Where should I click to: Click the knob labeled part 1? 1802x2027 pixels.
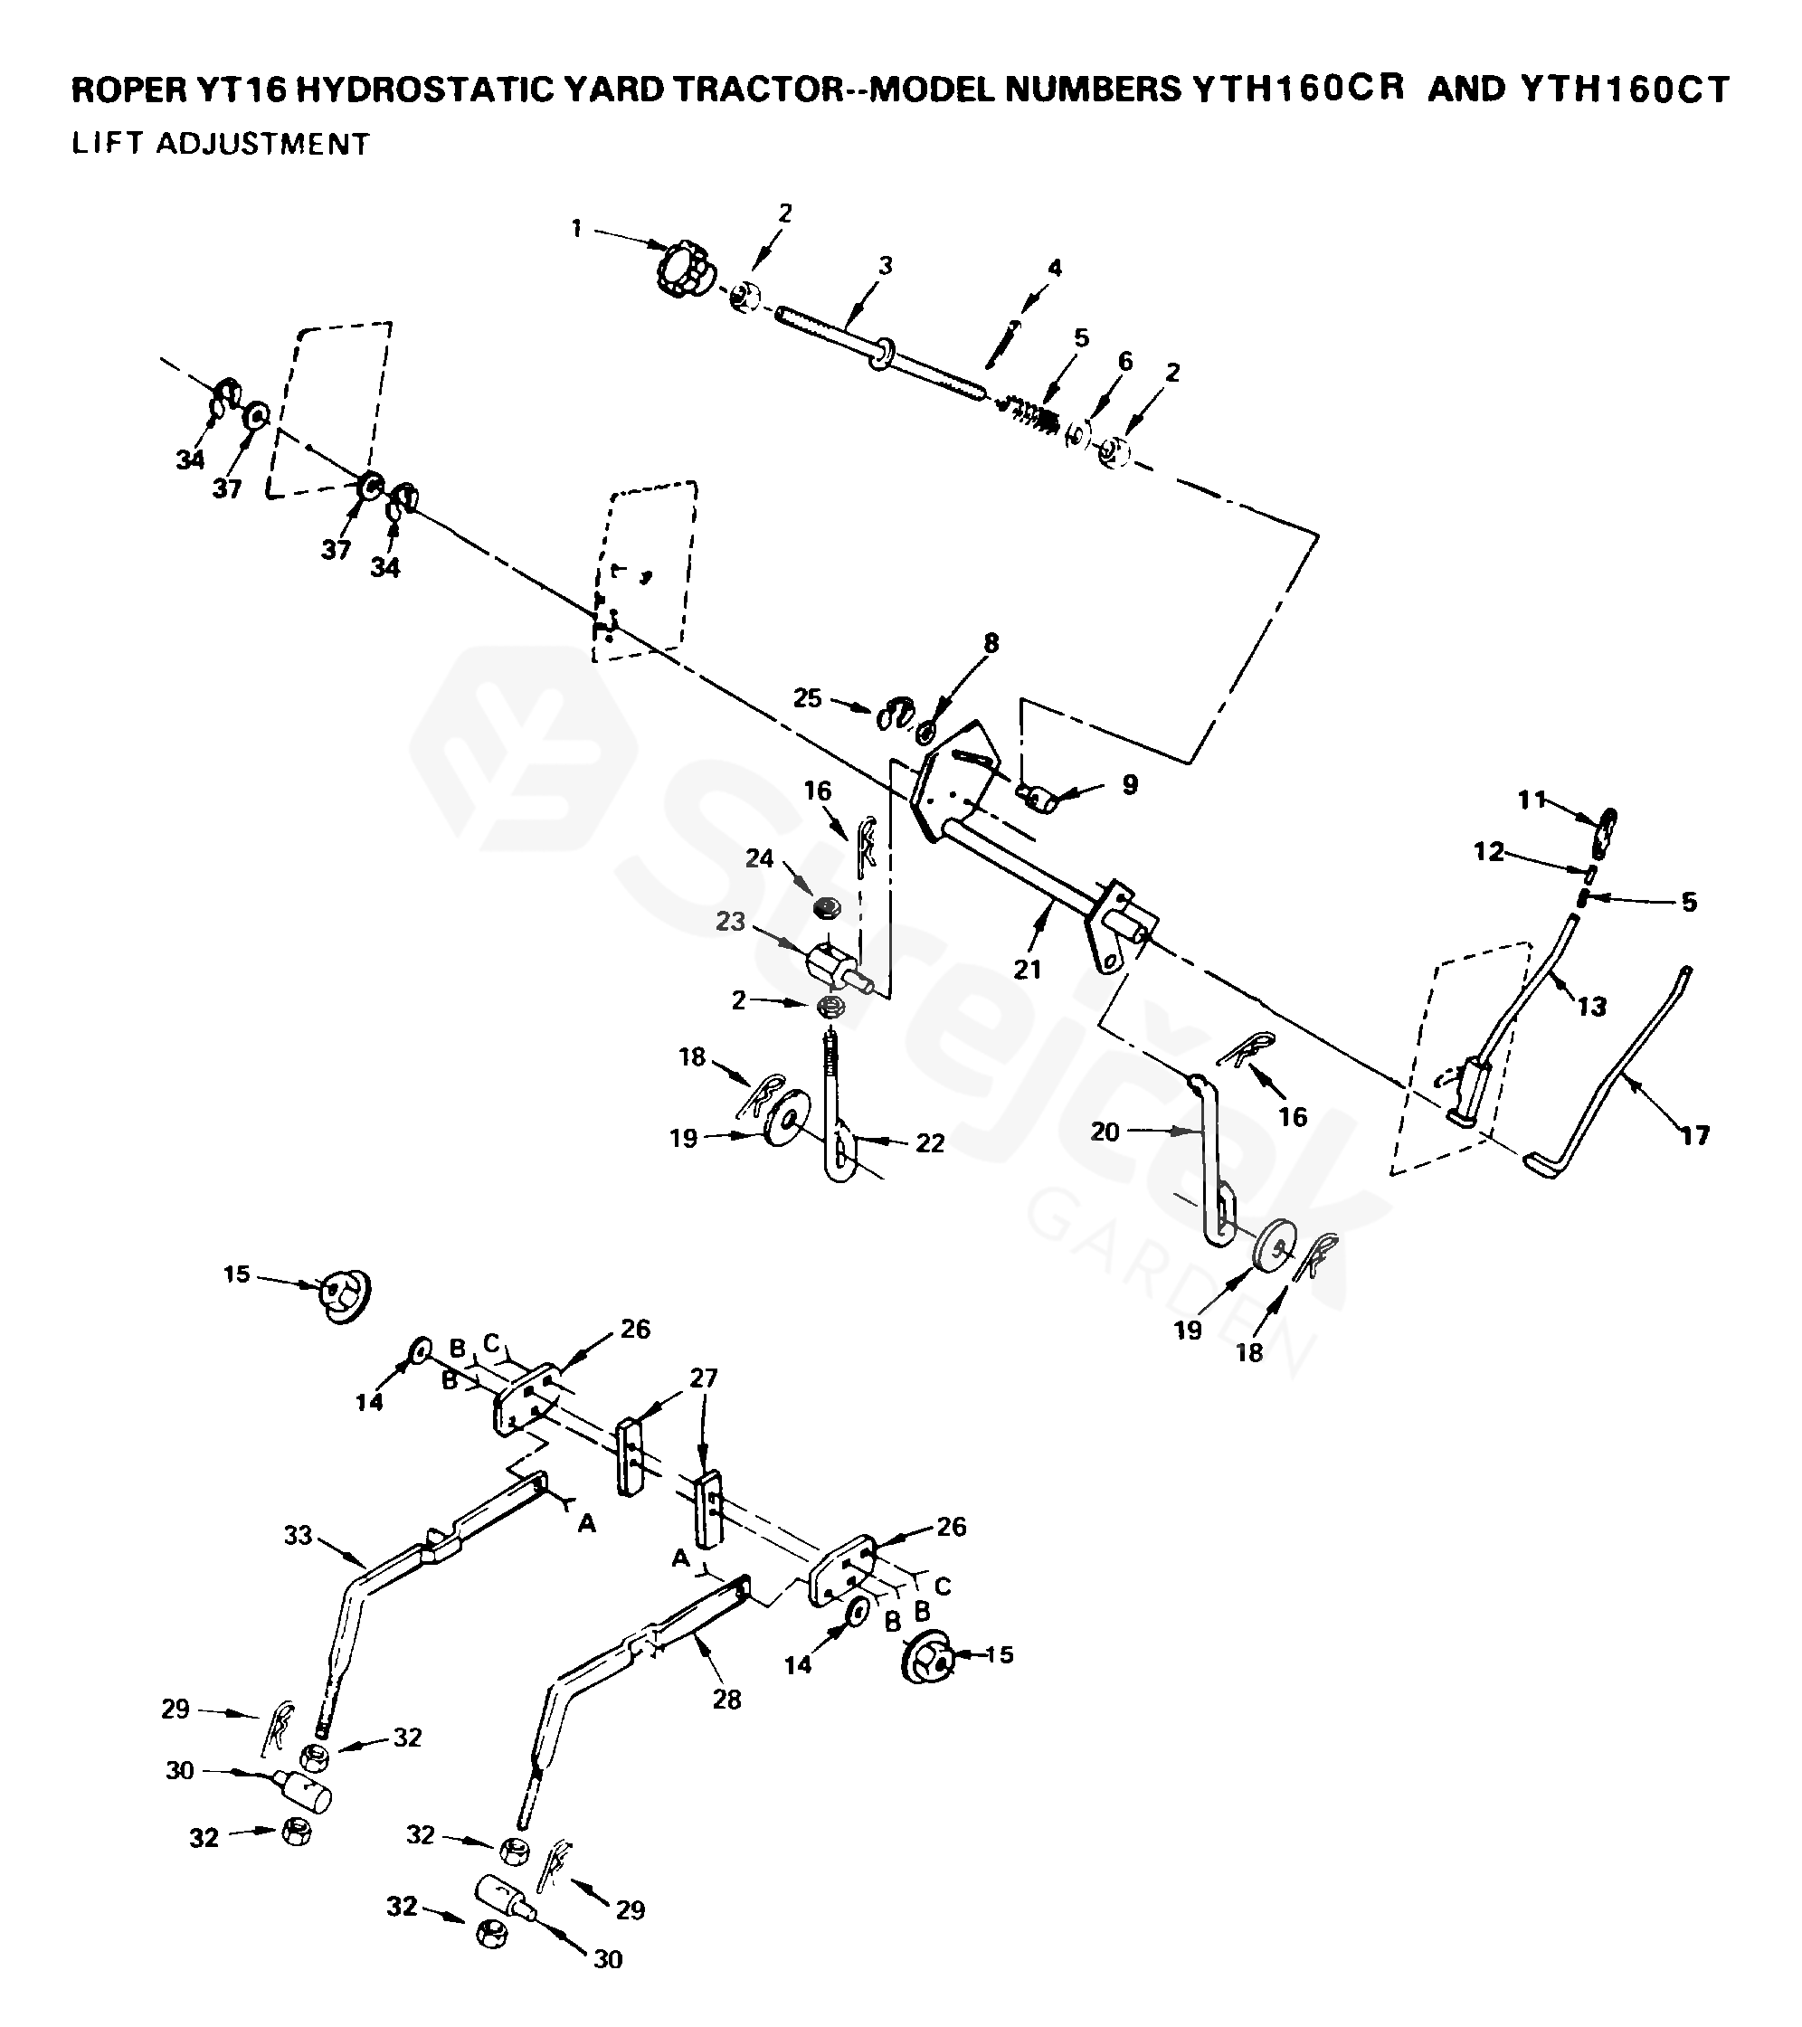682,265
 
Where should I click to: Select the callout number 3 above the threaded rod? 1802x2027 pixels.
886,265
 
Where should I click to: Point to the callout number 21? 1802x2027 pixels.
1027,969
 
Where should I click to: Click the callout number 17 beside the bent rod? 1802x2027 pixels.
1695,1134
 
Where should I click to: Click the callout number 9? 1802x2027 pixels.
1130,784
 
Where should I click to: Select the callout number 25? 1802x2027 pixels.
807,698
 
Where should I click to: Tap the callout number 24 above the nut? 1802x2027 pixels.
760,857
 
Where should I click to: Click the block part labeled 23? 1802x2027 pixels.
831,961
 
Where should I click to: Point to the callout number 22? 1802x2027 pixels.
929,1143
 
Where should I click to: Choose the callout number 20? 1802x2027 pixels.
1105,1132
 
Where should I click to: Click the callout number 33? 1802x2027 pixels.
298,1535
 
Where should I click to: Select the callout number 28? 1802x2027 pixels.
727,1700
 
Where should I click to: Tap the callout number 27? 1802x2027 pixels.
703,1378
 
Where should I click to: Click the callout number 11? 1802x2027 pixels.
1532,799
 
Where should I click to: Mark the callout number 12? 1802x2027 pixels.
1489,852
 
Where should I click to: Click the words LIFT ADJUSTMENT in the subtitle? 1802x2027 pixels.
220,144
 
